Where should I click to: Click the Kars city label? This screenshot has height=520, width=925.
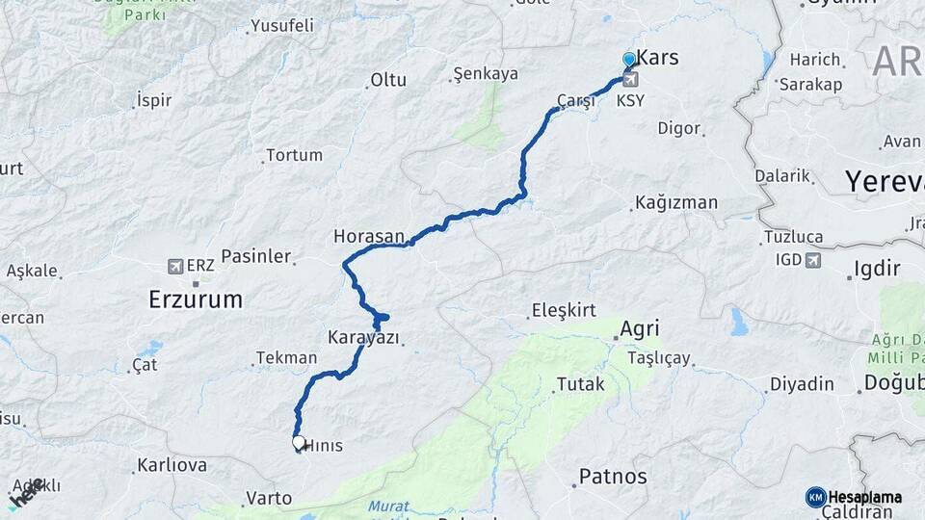point(658,58)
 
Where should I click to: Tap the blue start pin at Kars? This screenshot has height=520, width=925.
point(629,60)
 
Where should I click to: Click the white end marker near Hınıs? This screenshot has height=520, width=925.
point(299,443)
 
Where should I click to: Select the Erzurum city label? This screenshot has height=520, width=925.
point(196,299)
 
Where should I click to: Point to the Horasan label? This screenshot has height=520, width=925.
point(369,236)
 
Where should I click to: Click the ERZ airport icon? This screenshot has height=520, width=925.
point(175,266)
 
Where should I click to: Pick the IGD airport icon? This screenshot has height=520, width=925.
point(814,260)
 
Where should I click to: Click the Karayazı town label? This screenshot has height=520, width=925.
point(363,338)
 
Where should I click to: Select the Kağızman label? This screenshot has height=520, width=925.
point(675,203)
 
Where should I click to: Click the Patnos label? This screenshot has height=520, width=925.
point(613,477)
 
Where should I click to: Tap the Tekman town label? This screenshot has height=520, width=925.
point(285,358)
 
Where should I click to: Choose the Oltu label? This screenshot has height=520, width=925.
point(388,80)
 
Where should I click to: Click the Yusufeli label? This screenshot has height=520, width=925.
point(282,26)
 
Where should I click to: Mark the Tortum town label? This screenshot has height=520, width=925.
point(294,154)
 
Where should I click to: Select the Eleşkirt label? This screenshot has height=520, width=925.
point(564,310)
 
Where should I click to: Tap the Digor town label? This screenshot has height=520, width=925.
point(678,128)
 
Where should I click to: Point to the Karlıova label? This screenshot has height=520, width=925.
point(172,465)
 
